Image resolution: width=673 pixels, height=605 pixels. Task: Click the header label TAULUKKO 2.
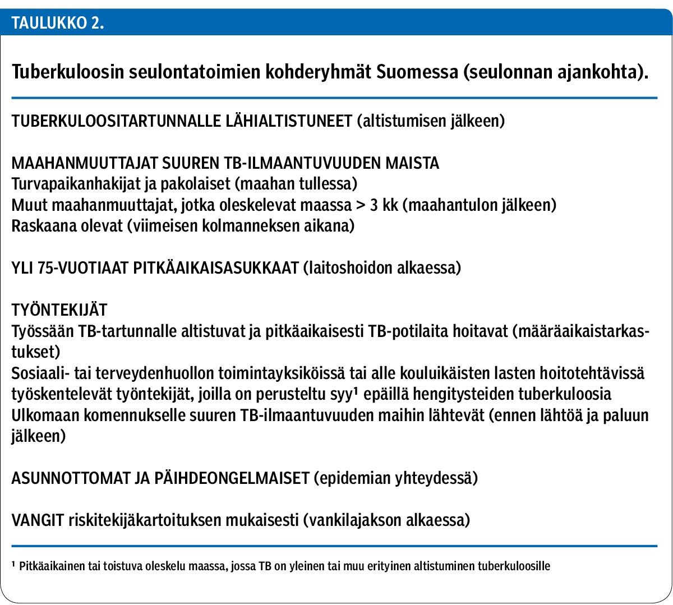(58, 24)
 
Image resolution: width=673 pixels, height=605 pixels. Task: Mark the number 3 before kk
(373, 205)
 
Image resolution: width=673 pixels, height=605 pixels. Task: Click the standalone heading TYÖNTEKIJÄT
(59, 310)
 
